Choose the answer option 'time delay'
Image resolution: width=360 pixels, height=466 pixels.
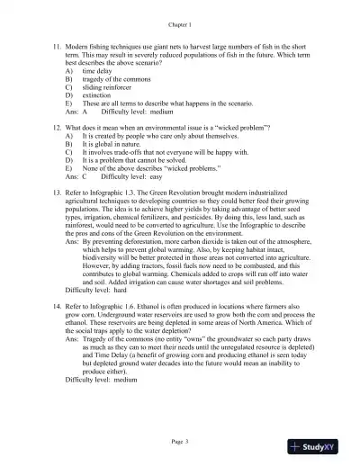[x=96, y=69]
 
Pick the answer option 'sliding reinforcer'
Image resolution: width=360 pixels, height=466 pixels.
[x=108, y=87]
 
